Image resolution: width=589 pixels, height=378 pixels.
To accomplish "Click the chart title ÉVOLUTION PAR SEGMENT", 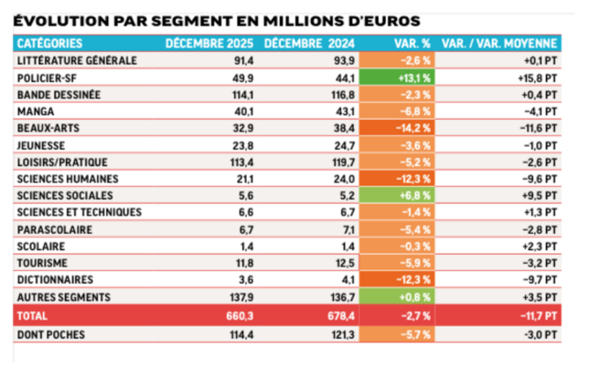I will (x=218, y=18).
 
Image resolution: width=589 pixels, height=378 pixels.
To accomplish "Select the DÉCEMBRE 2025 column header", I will (x=207, y=43).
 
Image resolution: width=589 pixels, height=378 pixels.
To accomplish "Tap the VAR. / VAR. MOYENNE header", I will (x=499, y=43).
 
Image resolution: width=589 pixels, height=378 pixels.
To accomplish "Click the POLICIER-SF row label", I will (x=47, y=77).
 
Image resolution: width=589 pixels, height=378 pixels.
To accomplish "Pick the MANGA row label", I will (x=36, y=111).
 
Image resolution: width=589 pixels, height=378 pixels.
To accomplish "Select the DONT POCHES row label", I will (x=51, y=335).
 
